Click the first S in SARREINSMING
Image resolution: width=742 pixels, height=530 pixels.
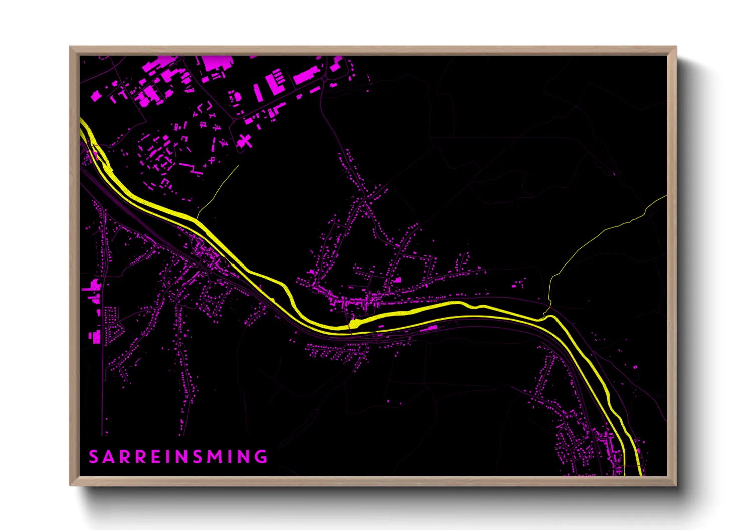point(94,457)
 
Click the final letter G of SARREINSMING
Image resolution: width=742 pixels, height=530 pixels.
point(261,457)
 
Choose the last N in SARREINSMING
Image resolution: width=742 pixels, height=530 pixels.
point(245,457)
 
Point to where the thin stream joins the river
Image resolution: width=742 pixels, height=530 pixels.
point(545,315)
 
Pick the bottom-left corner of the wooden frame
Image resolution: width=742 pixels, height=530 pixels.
point(71,484)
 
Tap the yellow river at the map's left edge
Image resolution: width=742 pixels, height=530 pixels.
point(82,123)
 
